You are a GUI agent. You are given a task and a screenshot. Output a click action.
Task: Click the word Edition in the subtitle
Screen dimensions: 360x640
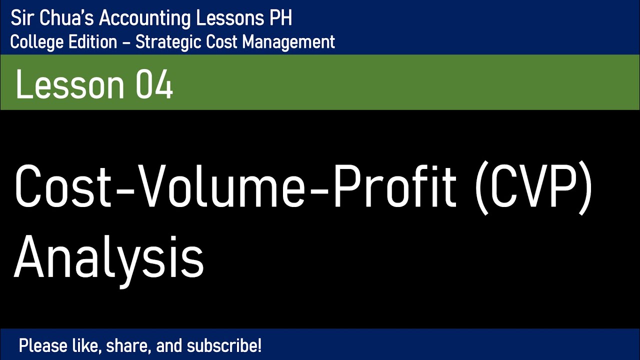[89, 42]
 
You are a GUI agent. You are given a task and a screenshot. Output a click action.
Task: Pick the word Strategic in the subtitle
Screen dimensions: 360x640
[169, 42]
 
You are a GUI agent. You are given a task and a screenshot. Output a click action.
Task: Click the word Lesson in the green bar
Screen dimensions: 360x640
[70, 85]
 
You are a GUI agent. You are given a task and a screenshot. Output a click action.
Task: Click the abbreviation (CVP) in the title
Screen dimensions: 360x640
[532, 187]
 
